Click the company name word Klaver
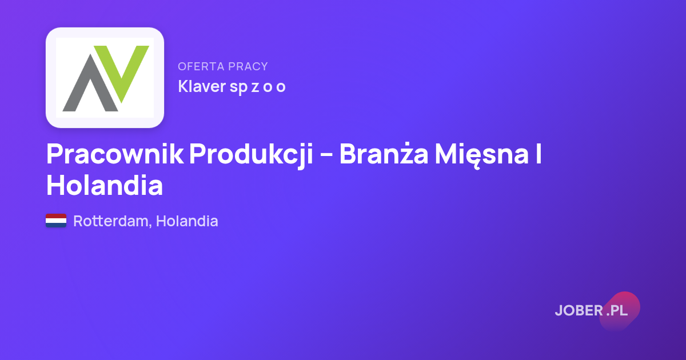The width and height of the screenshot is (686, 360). coord(202,86)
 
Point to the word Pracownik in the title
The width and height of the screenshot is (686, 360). coord(115,154)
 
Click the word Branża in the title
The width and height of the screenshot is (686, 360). coord(384,153)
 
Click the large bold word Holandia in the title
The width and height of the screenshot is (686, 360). coord(105,185)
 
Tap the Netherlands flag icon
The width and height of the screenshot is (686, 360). coord(56,221)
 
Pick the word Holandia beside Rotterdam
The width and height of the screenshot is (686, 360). coord(187,221)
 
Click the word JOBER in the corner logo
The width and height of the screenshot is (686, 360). coord(579,311)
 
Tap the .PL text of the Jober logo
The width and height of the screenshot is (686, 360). coord(617,311)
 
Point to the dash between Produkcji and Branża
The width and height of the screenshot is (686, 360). coord(326,155)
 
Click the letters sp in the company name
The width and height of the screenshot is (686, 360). coord(238,87)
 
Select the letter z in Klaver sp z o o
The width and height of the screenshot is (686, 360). coord(255,87)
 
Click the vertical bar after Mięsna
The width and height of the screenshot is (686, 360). coord(539,154)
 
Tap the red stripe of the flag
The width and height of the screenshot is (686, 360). coord(56,216)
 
